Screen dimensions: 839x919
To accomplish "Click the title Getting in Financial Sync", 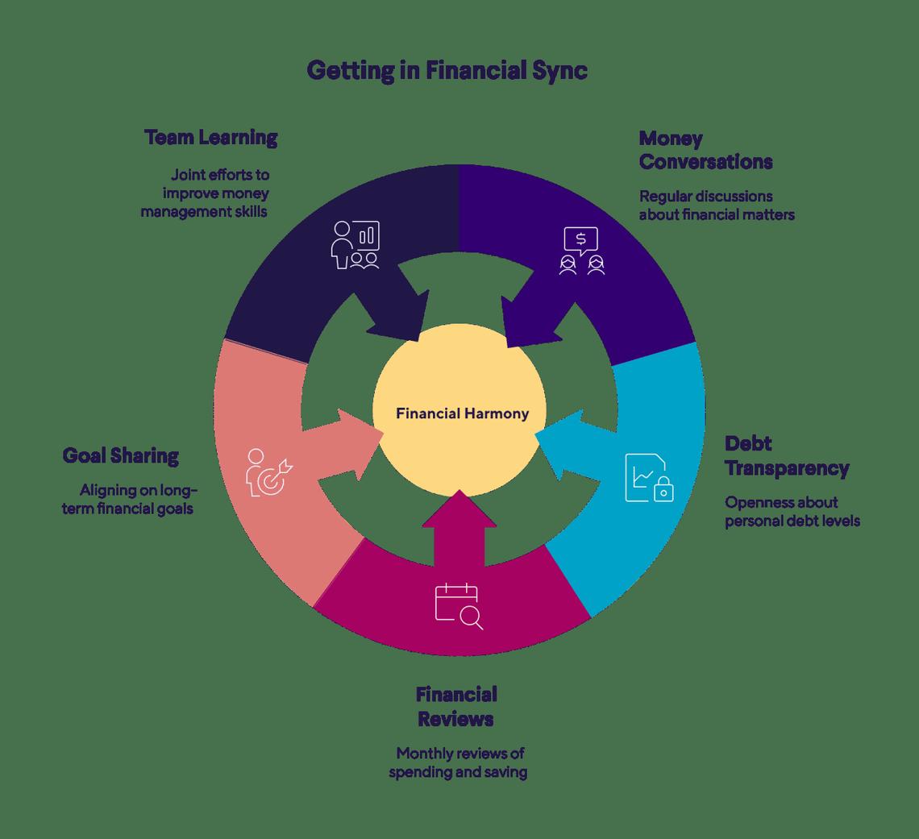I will (447, 71).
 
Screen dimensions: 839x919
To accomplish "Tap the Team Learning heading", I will (211, 138).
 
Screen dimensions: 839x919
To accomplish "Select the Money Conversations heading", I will (705, 150).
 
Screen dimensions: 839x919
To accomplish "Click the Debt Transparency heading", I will (786, 455).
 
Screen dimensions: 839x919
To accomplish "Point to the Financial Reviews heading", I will (455, 706).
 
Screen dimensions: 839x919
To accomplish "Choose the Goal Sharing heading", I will (121, 456).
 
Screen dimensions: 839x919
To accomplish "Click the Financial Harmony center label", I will (462, 414).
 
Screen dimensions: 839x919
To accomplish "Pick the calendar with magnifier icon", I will (459, 607).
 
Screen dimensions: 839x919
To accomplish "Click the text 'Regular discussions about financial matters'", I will (717, 206).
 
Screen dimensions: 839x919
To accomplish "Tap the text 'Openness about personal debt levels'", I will (792, 512).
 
